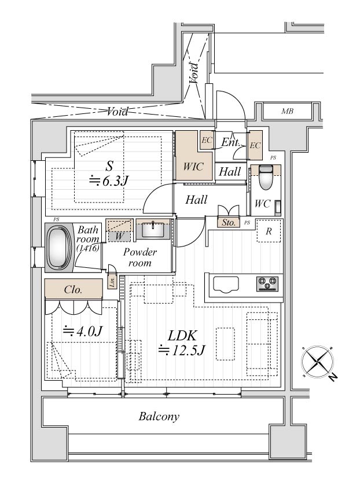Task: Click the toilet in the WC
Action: (x=266, y=177)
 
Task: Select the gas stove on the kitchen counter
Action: (x=267, y=283)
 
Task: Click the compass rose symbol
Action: (x=318, y=362)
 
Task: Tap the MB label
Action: (x=287, y=111)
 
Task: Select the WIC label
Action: (x=193, y=167)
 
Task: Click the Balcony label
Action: (x=159, y=416)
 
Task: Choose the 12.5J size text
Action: (x=182, y=350)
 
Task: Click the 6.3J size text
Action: (x=109, y=181)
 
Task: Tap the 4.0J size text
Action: (x=82, y=332)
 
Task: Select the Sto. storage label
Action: (x=229, y=223)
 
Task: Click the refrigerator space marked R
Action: (x=269, y=231)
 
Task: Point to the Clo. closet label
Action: (x=73, y=290)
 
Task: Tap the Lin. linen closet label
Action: (x=112, y=282)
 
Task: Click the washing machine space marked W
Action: (x=119, y=236)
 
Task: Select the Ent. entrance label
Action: (x=231, y=142)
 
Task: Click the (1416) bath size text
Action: (x=88, y=248)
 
